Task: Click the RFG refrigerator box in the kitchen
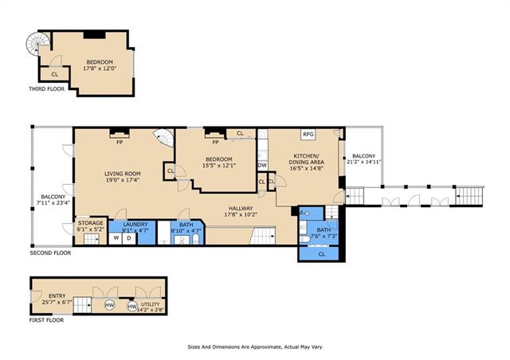(308, 135)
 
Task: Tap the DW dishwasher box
(262, 165)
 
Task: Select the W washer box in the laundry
(115, 238)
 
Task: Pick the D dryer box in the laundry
(129, 238)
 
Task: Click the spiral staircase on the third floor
(38, 44)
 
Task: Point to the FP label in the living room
(120, 143)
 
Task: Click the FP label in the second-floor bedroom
(215, 143)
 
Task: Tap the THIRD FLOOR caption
(47, 88)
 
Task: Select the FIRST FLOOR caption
(46, 320)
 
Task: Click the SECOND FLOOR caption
(50, 252)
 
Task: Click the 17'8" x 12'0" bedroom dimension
(100, 68)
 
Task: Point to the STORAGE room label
(90, 223)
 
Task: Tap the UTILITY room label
(150, 304)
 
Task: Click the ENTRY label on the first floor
(57, 296)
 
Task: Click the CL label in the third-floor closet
(55, 75)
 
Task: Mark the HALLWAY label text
(241, 209)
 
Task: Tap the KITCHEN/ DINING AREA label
(306, 158)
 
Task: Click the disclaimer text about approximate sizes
(255, 347)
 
